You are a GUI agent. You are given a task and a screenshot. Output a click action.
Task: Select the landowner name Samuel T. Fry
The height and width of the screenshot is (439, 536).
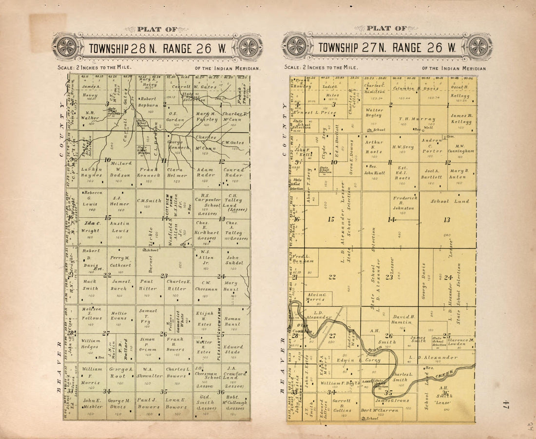(x=148, y=316)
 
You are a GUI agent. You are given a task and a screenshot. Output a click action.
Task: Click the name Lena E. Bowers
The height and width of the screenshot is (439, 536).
(x=176, y=403)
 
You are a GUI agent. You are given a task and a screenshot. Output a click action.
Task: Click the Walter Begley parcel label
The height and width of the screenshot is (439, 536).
(x=374, y=113)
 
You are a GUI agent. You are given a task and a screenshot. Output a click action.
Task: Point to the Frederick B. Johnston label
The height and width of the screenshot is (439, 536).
(x=404, y=203)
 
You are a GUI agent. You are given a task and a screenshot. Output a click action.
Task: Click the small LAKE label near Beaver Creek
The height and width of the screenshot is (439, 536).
(x=366, y=381)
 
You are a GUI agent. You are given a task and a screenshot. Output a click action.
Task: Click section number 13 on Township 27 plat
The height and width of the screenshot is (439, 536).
(x=446, y=219)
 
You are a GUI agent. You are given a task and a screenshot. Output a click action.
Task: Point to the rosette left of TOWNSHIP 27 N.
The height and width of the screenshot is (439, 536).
(x=296, y=46)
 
